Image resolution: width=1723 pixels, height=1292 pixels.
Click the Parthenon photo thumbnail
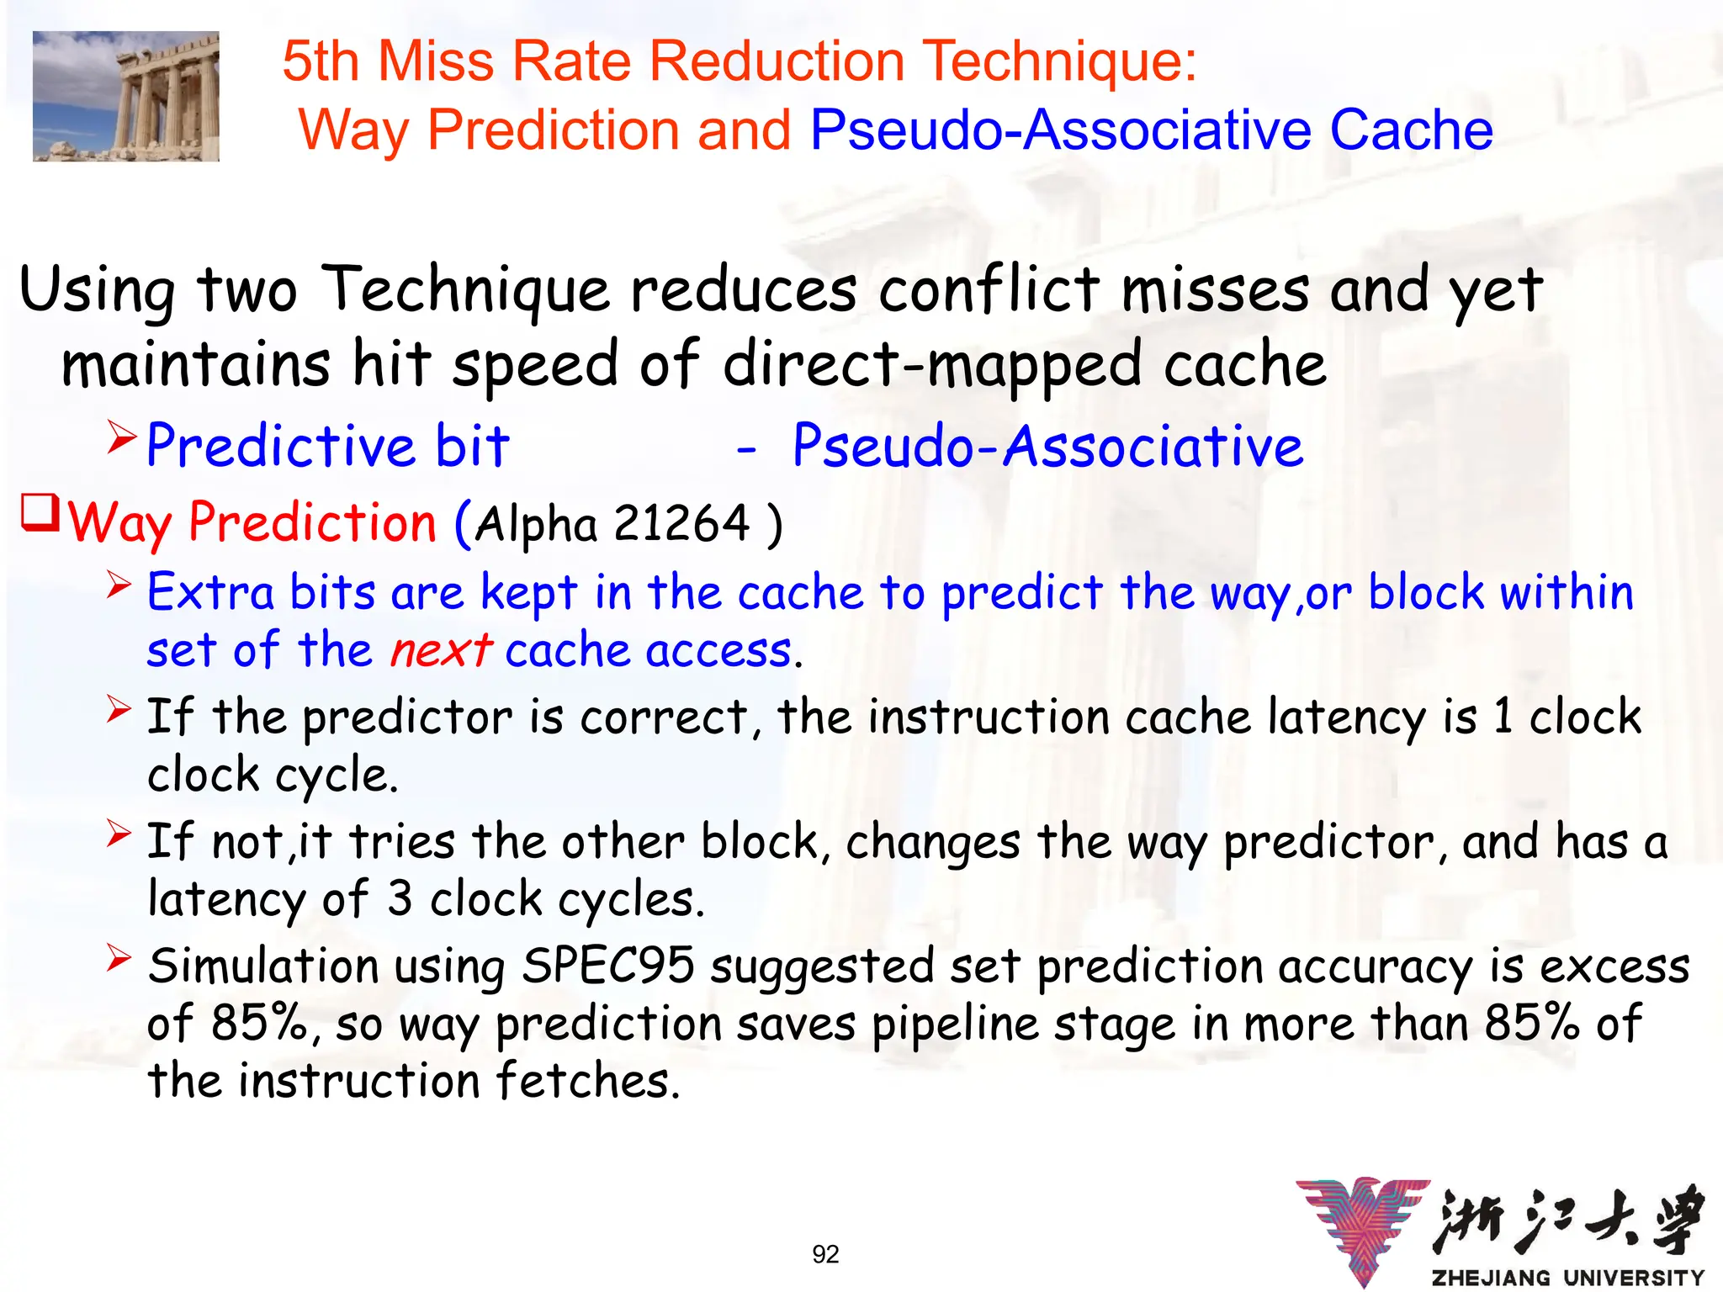(x=126, y=96)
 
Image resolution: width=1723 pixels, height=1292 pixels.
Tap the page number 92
(x=825, y=1254)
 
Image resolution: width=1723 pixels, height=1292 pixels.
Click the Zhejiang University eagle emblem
(x=1363, y=1228)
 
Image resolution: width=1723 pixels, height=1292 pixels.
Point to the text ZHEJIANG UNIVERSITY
(x=1567, y=1278)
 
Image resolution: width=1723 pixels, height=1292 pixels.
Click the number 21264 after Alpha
(x=681, y=523)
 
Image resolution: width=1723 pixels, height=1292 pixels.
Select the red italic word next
(x=441, y=650)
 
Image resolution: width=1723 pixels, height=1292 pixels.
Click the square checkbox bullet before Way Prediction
(x=40, y=512)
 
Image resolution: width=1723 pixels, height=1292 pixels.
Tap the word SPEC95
(x=607, y=965)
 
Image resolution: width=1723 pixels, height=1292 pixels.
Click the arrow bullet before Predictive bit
(x=121, y=437)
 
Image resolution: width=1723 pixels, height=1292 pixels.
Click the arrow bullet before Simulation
(x=119, y=957)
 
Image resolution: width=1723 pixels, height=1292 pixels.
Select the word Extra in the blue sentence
(x=210, y=592)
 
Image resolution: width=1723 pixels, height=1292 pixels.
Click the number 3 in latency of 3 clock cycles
(x=400, y=898)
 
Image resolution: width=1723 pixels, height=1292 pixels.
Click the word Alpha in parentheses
(x=536, y=523)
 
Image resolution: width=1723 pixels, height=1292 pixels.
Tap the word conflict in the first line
(x=989, y=289)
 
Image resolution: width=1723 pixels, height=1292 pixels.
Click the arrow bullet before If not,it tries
(x=119, y=834)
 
